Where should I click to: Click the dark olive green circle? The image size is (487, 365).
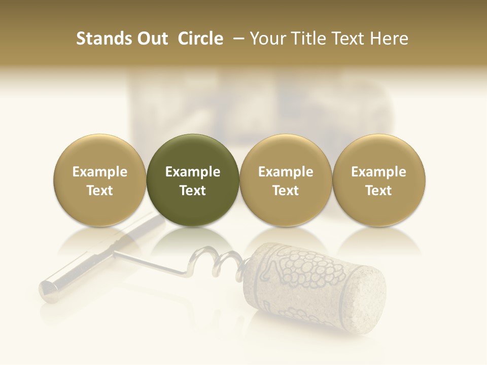pos(192,180)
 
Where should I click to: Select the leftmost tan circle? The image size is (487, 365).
pos(99,180)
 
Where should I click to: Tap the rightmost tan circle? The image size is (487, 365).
pos(378,180)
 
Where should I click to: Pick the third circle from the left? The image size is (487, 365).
pos(286,180)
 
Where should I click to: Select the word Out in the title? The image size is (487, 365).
pos(152,39)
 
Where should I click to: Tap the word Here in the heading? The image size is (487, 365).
pos(389,39)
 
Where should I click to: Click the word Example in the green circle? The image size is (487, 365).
pos(192,172)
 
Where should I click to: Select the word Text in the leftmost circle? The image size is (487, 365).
pos(99,191)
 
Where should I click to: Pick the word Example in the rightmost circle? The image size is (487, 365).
pos(378,172)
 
